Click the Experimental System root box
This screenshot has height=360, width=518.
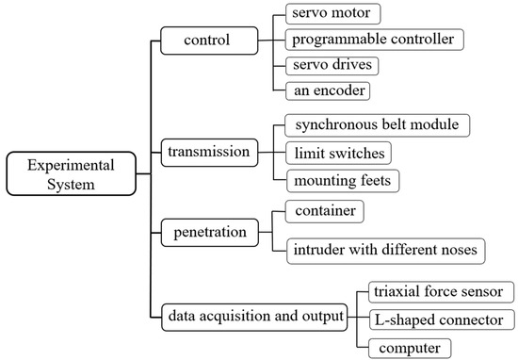click(x=59, y=174)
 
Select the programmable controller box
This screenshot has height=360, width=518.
click(x=373, y=41)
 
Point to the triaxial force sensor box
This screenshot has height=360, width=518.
click(x=433, y=291)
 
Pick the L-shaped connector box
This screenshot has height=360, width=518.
click(x=436, y=319)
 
